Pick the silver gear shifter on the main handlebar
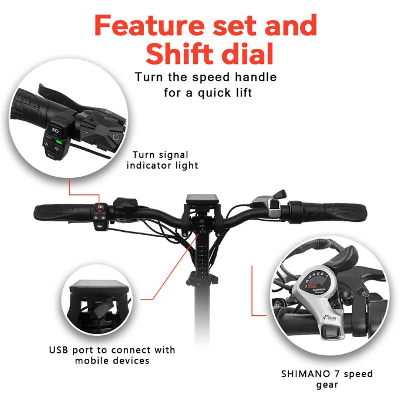click(274, 203)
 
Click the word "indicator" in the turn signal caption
click(153, 166)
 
